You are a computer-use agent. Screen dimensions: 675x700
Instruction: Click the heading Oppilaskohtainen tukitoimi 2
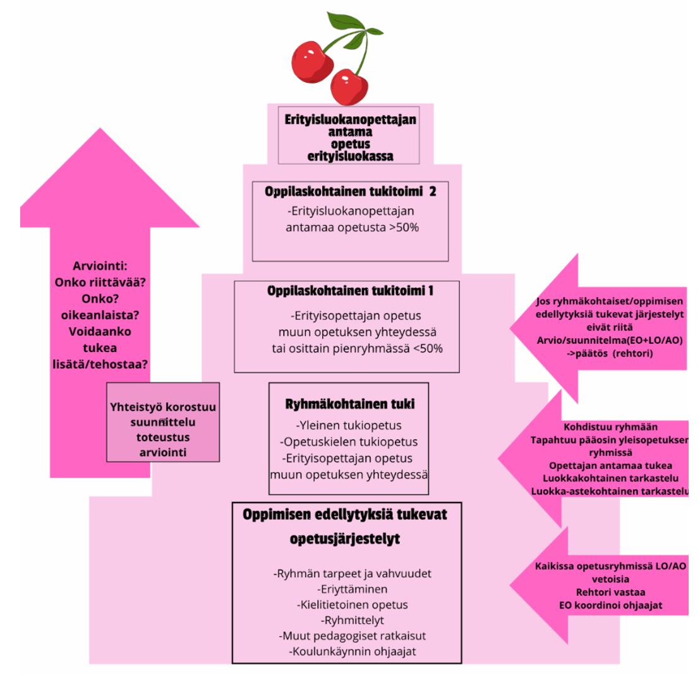coord(350,192)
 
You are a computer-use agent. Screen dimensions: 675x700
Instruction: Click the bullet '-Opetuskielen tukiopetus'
coord(349,441)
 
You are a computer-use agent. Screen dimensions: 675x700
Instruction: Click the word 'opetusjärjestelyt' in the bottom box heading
coord(345,541)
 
